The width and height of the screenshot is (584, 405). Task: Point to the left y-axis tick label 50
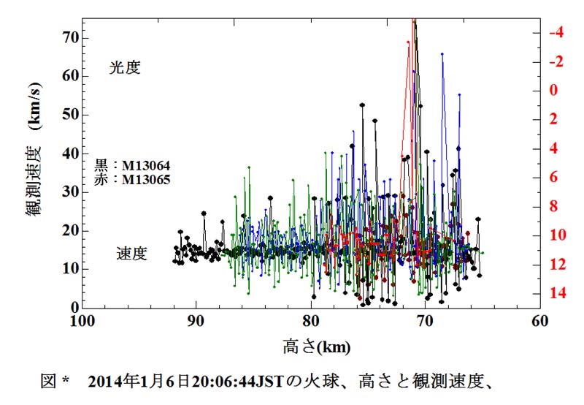point(69,114)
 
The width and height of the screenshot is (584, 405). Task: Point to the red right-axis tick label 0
point(555,91)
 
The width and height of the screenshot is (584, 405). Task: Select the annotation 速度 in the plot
point(131,254)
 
